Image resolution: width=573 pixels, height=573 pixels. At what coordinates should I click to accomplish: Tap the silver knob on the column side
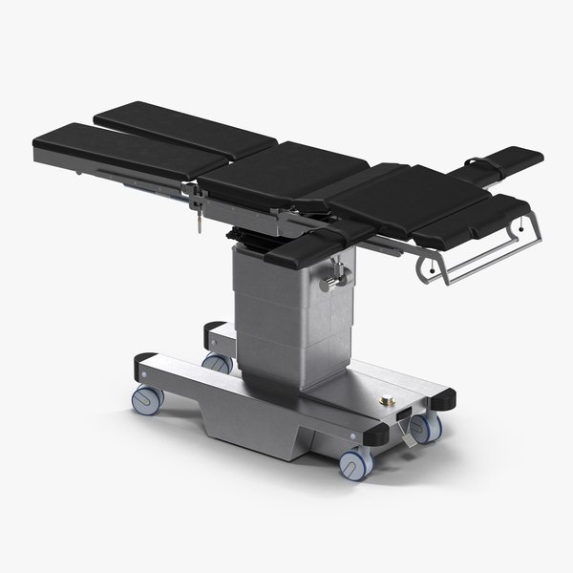click(332, 284)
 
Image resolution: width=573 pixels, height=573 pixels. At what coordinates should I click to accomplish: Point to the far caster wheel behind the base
click(219, 363)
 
